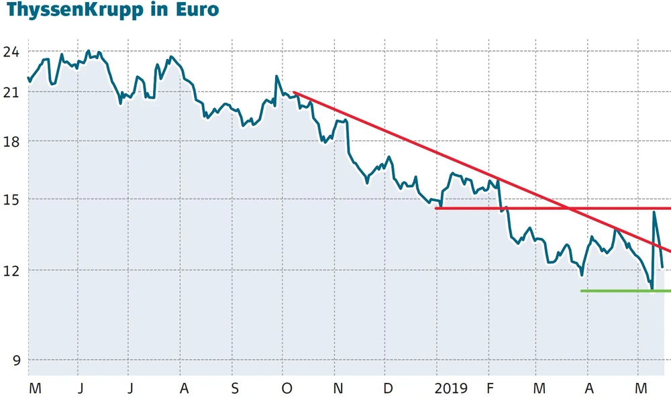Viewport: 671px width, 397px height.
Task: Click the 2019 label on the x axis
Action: click(451, 388)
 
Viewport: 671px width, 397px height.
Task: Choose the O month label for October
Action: click(287, 388)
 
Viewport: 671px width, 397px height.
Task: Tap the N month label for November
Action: click(338, 388)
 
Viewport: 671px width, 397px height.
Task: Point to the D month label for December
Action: click(389, 388)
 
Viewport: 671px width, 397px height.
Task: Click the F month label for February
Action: click(491, 388)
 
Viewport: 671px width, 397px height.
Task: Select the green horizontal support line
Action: click(624, 291)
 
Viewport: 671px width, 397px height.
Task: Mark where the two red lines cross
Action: click(569, 209)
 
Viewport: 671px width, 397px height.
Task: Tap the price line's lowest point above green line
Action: click(652, 289)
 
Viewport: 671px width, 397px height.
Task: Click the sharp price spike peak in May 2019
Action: click(654, 213)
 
